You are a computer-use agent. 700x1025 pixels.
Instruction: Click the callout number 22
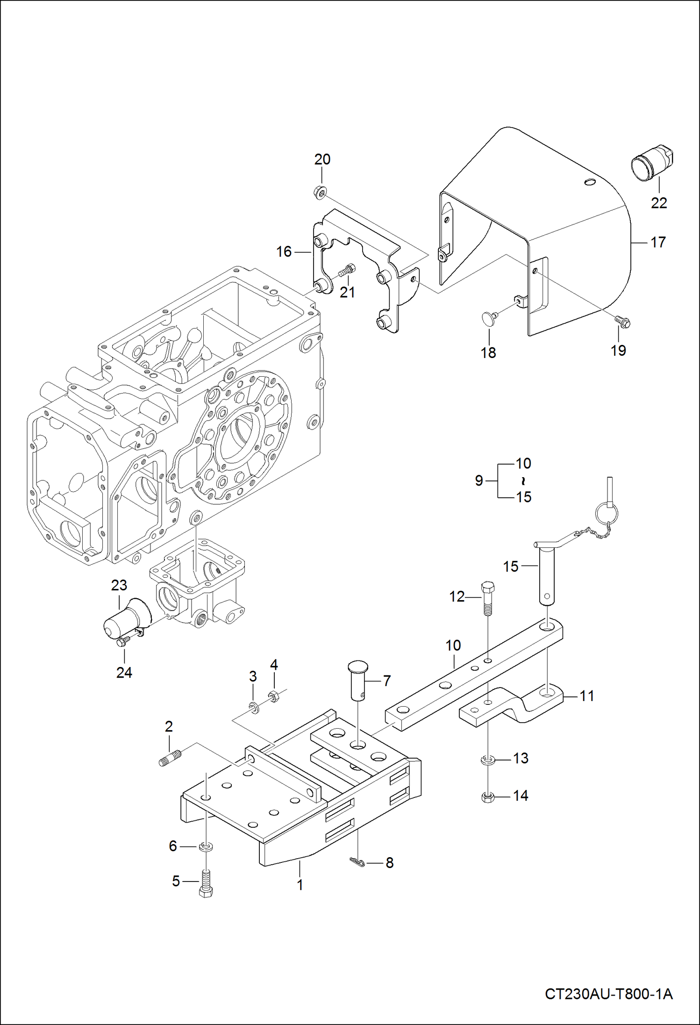[x=658, y=203]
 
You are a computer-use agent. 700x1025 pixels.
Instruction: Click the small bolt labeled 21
[x=346, y=270]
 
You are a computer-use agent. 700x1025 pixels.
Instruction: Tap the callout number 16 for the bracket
[x=284, y=251]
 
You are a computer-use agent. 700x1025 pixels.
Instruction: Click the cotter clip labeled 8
[x=357, y=862]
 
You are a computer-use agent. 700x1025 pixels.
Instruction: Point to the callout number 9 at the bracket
[x=479, y=480]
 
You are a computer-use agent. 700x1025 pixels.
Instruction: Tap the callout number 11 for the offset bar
[x=586, y=695]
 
